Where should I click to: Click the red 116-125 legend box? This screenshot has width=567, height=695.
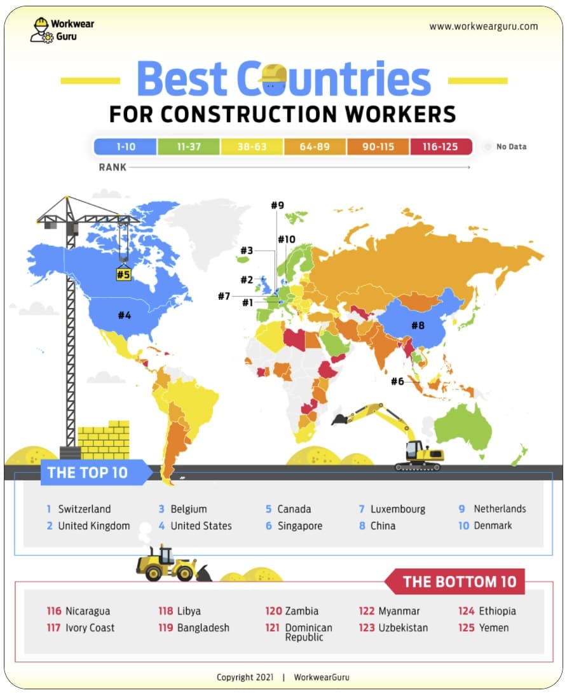click(441, 146)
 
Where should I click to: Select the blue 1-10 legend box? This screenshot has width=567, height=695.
click(125, 146)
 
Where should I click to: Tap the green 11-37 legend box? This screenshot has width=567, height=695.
click(189, 146)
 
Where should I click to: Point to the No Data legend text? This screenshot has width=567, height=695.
click(511, 146)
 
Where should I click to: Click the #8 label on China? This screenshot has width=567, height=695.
click(417, 325)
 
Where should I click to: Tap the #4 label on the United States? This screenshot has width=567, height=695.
click(124, 314)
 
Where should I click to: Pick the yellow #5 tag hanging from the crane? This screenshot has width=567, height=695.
click(123, 275)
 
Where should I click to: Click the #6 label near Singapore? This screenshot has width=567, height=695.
click(397, 381)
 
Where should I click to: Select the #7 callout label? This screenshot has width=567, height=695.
click(223, 296)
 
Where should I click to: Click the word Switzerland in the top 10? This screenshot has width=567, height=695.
click(84, 509)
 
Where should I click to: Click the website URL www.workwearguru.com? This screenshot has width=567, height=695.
click(483, 26)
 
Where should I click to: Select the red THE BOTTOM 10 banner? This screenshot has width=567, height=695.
click(459, 581)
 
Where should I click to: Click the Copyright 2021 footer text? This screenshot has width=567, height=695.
click(245, 677)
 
